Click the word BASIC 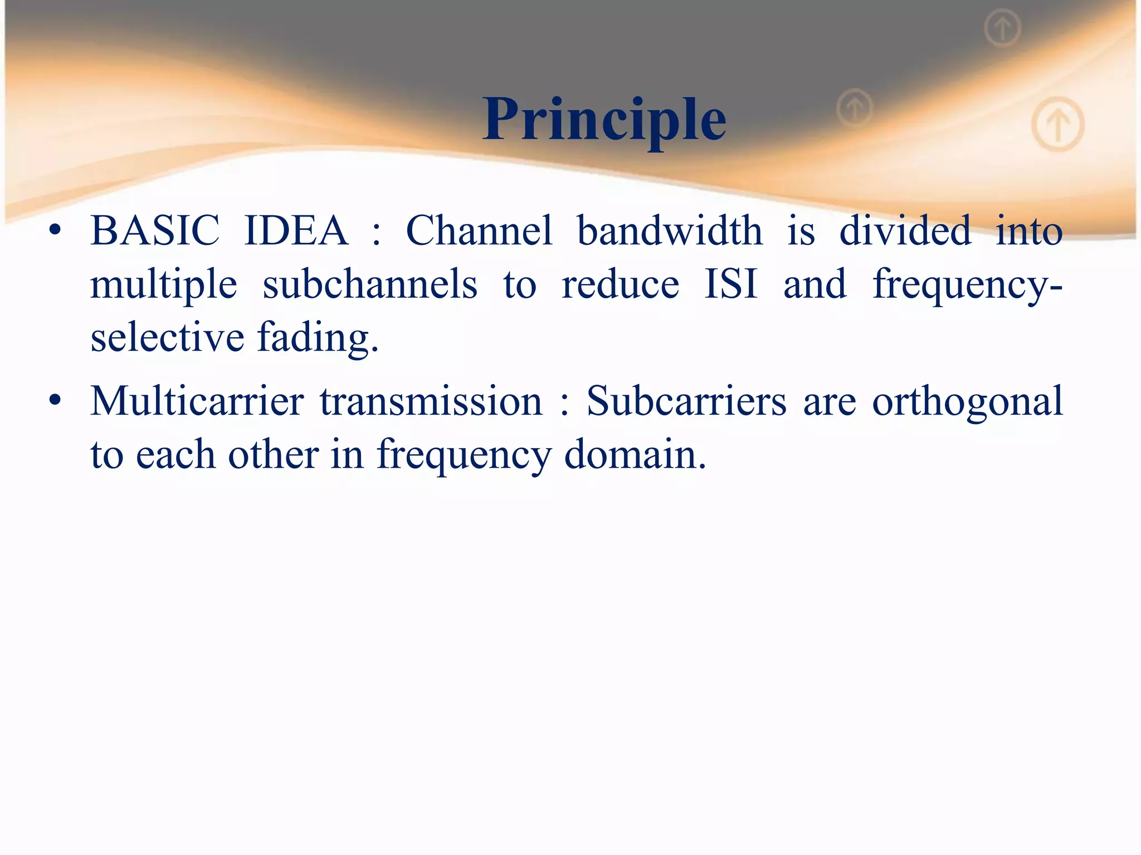pyautogui.click(x=155, y=230)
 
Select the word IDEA pyautogui.click(x=296, y=230)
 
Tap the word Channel pyautogui.click(x=479, y=230)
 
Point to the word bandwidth pyautogui.click(x=669, y=230)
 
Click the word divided pyautogui.click(x=905, y=230)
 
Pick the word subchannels pyautogui.click(x=370, y=284)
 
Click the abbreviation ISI pyautogui.click(x=730, y=284)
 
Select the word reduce pyautogui.click(x=620, y=284)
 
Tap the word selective pyautogui.click(x=167, y=337)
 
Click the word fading pyautogui.click(x=318, y=337)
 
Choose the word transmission pyautogui.click(x=431, y=401)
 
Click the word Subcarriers pyautogui.click(x=686, y=401)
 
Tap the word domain pyautogui.click(x=635, y=454)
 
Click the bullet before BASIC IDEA pyautogui.click(x=54, y=230)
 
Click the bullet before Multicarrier pyautogui.click(x=54, y=401)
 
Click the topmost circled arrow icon pyautogui.click(x=1002, y=28)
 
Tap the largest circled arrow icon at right pyautogui.click(x=1057, y=124)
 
